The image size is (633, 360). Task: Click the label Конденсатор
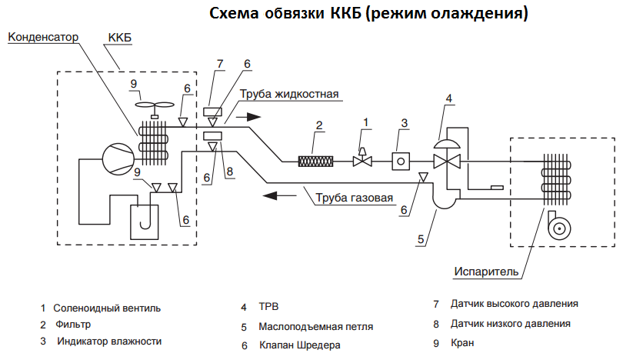pos(43,37)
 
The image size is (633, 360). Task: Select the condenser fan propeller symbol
pos(155,106)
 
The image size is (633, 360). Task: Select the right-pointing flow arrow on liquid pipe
pos(248,117)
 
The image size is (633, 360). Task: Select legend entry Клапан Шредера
pos(299,345)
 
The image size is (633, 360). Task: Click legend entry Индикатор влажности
pos(108,341)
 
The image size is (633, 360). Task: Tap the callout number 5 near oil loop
pos(421,239)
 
